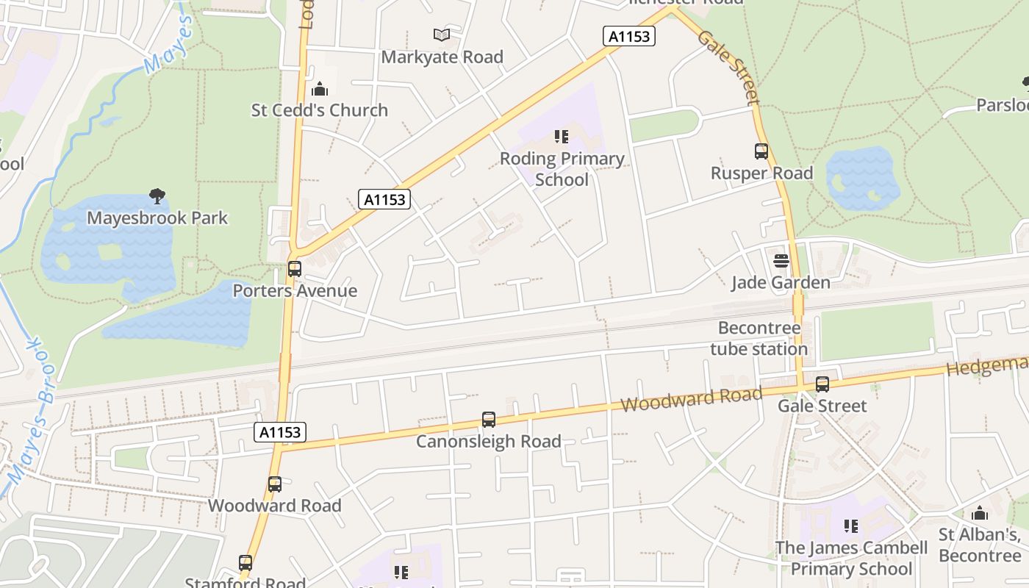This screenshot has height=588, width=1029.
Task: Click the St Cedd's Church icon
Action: point(320,90)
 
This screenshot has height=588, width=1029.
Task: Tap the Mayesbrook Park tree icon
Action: point(157,196)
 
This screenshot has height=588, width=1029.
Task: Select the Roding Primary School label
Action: point(562,169)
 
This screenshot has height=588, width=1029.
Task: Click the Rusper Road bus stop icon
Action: point(761,152)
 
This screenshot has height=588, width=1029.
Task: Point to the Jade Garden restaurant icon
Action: point(781,261)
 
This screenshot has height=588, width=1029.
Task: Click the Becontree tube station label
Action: point(759,338)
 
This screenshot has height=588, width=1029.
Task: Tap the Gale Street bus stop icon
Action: point(822,384)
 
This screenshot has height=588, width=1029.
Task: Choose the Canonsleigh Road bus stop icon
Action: point(489,420)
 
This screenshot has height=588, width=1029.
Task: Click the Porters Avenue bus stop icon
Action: point(295,269)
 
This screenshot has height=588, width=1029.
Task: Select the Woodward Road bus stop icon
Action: point(275,484)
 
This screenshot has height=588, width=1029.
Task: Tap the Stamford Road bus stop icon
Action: point(245,563)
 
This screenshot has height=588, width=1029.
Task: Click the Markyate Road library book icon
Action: point(442,35)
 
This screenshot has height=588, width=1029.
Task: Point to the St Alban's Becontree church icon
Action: point(980,513)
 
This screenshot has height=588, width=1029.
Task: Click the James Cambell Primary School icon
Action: point(851,526)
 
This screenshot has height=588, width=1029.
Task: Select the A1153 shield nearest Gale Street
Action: point(629,35)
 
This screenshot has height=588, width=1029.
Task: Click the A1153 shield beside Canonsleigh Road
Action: point(281,432)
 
